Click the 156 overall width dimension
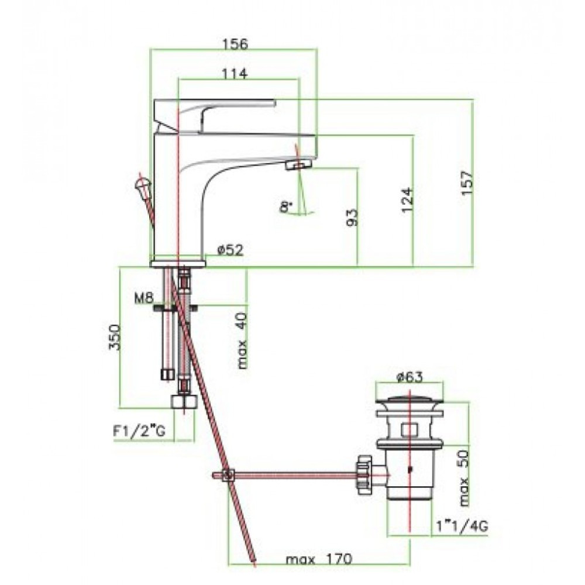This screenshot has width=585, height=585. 235,44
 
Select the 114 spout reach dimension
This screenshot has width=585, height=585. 235,74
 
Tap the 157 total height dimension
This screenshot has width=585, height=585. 466,183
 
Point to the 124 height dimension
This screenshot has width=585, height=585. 407,200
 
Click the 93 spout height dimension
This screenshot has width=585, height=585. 352,217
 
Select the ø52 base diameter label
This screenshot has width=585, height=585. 230,249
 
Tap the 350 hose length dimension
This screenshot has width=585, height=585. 115,338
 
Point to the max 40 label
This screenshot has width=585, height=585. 243,340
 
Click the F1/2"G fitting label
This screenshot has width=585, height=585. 139,431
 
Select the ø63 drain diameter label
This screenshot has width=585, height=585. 409,377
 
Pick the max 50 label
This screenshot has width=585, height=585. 464,478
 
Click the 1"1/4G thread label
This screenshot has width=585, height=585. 462,526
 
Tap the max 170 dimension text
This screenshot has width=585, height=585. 319,559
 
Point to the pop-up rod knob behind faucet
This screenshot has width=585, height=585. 142,184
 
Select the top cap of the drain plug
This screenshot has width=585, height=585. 409,402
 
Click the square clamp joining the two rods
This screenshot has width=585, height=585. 228,475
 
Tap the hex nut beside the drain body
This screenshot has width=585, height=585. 364,474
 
